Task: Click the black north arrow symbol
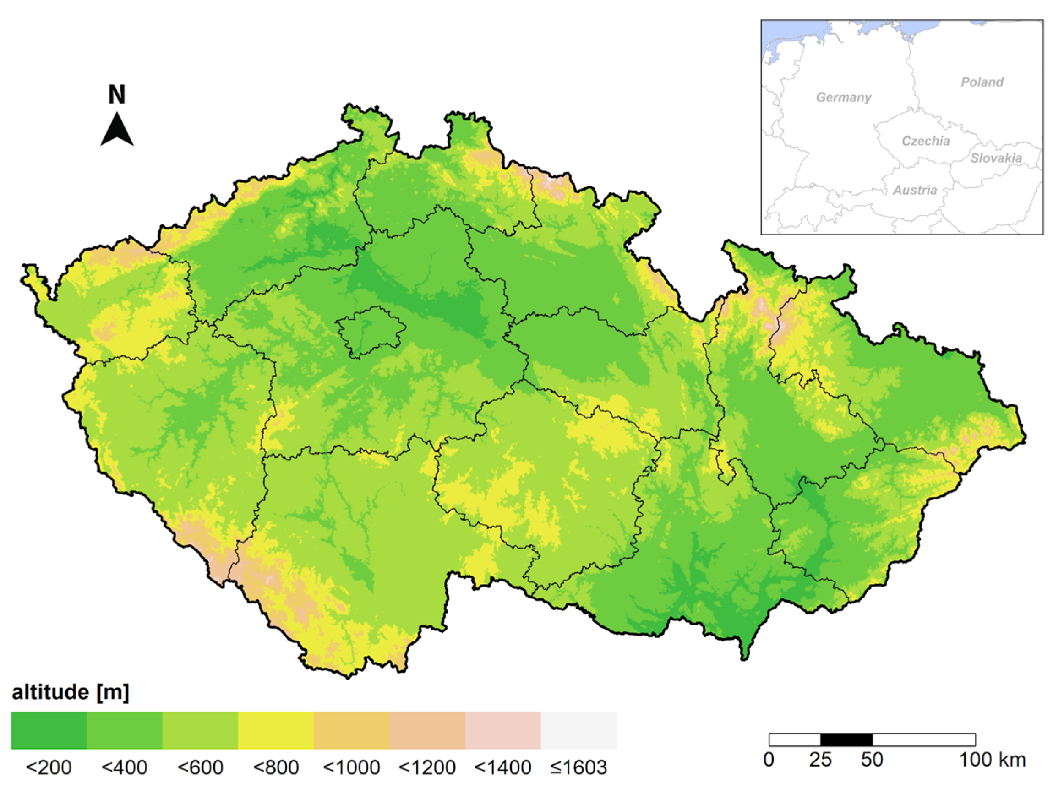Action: pos(117,130)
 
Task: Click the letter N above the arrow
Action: pos(117,95)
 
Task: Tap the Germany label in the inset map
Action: pos(843,98)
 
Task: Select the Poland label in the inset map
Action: pos(982,82)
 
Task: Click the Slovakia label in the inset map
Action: pos(996,158)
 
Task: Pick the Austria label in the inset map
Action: pos(915,190)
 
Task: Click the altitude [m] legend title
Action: pos(71,692)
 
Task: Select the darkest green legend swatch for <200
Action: pos(49,730)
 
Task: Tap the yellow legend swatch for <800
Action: pos(276,730)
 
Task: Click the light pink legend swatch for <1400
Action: pos(503,730)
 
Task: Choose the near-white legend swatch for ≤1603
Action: pos(578,730)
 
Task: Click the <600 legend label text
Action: pos(200,767)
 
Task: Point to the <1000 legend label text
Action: pos(351,767)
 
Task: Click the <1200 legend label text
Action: pos(427,767)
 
